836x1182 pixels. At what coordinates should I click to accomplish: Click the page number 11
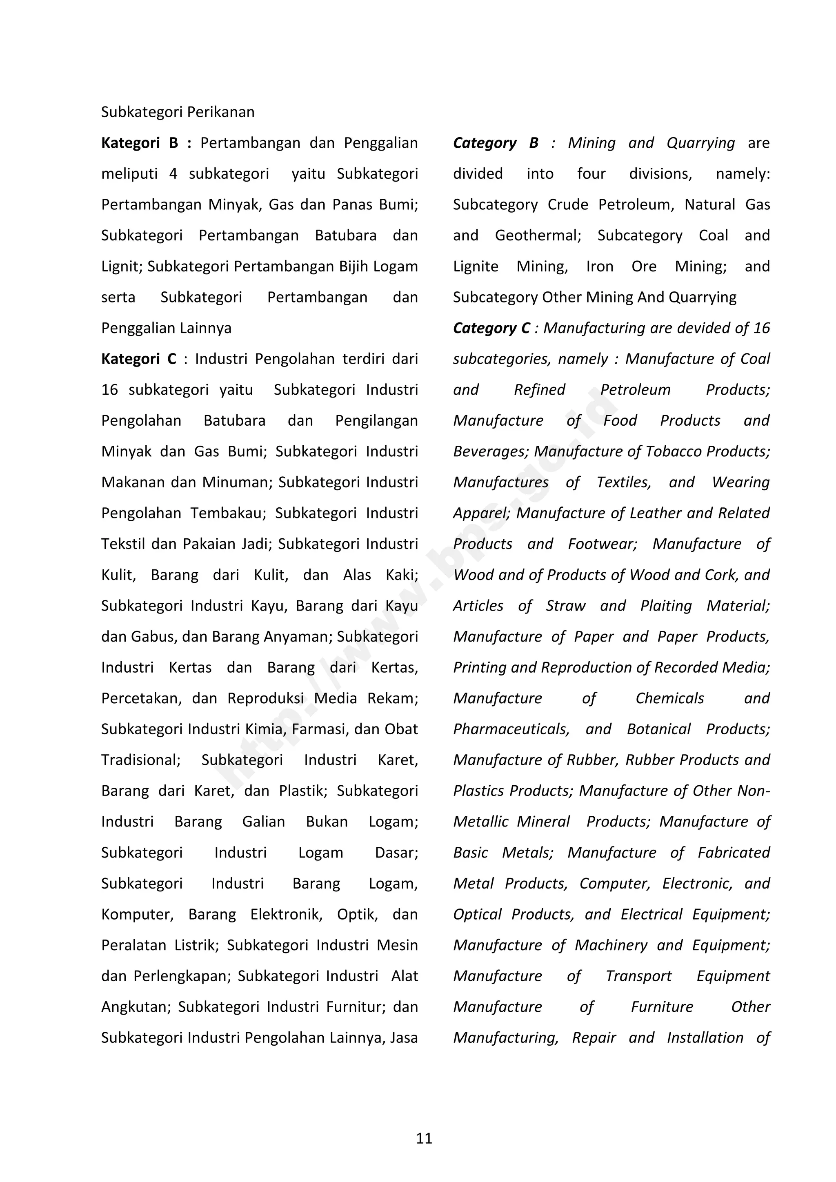pos(424,1138)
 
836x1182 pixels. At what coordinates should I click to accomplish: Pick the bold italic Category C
pos(491,328)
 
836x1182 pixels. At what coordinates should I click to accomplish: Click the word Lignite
pos(476,266)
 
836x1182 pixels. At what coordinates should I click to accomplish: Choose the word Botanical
pos(658,729)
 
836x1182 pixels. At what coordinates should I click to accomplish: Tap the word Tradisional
pos(140,760)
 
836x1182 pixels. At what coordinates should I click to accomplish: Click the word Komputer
pos(137,914)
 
